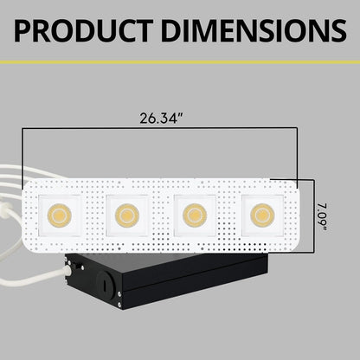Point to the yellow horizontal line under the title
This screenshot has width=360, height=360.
pos(180,62)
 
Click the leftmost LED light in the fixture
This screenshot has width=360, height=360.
pos(61,213)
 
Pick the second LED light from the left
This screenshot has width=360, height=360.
pos(125,213)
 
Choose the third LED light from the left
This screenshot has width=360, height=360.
pos(190,213)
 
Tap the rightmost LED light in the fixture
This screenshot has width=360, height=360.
pos(257,213)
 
